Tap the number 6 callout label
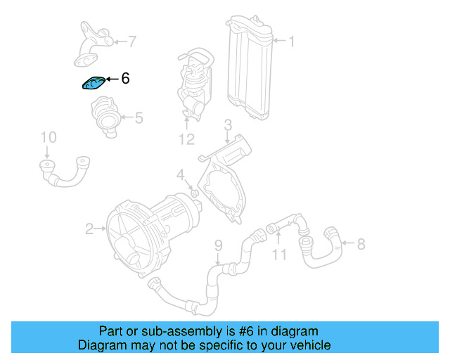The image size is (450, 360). click(x=125, y=79)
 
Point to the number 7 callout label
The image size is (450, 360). click(x=132, y=42)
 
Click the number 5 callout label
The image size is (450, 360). click(x=139, y=118)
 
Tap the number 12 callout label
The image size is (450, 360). click(x=186, y=139)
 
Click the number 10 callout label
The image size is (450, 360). click(x=47, y=136)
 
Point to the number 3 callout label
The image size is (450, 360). click(x=228, y=125)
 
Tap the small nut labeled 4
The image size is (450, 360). click(x=192, y=193)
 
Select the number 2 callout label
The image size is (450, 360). click(x=89, y=229)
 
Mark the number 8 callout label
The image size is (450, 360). click(x=361, y=245)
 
